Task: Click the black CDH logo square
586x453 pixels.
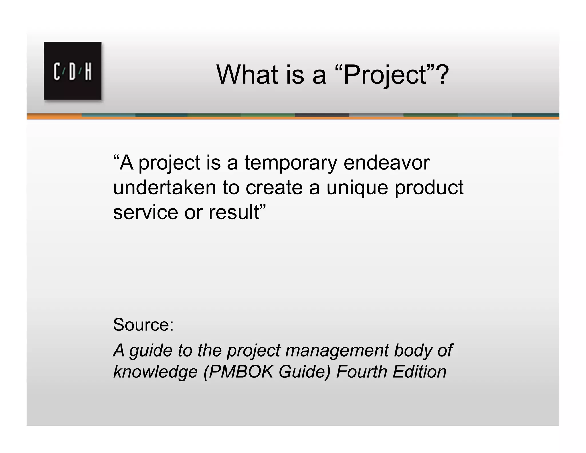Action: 72,71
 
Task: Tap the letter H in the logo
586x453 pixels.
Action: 88,72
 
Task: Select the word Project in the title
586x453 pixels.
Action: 385,75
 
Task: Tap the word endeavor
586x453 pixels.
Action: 386,163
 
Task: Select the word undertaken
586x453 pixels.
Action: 165,188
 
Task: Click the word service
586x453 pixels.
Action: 145,212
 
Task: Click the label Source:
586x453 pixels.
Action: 143,325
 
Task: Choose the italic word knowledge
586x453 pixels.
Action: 155,372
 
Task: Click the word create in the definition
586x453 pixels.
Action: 274,188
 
